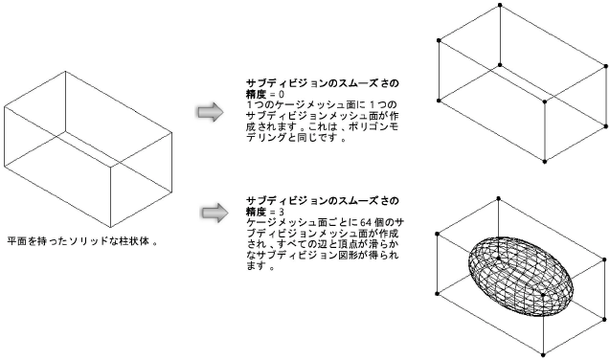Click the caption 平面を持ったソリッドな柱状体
(80, 240)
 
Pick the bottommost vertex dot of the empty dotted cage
(545, 161)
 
